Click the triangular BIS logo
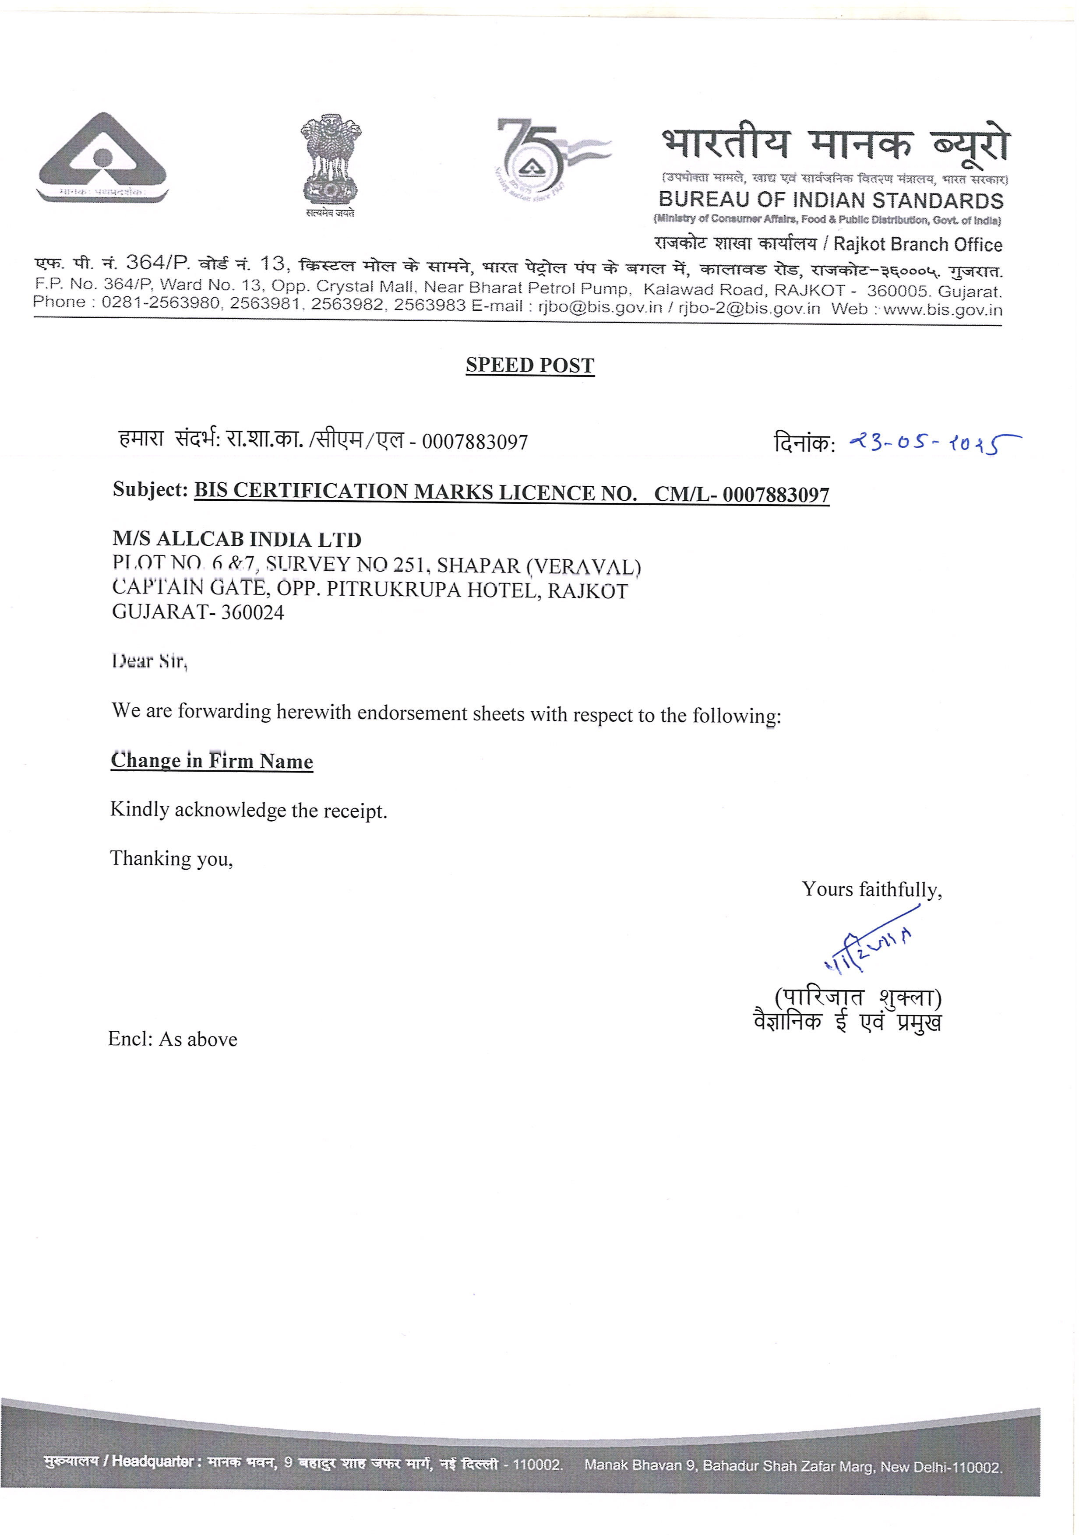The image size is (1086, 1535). click(102, 158)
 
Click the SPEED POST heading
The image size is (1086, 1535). click(529, 365)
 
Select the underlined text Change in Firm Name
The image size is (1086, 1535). click(212, 761)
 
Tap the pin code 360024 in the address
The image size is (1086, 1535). click(253, 612)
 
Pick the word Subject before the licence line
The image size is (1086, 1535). click(150, 490)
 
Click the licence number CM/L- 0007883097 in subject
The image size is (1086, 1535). click(742, 495)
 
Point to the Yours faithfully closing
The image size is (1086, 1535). click(872, 890)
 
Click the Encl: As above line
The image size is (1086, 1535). click(173, 1039)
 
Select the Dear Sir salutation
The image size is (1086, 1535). click(149, 661)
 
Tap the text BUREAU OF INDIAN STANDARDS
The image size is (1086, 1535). click(831, 200)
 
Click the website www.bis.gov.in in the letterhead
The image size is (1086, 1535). click(942, 309)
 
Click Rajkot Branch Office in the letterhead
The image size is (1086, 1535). click(917, 245)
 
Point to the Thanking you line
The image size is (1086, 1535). click(172, 858)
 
